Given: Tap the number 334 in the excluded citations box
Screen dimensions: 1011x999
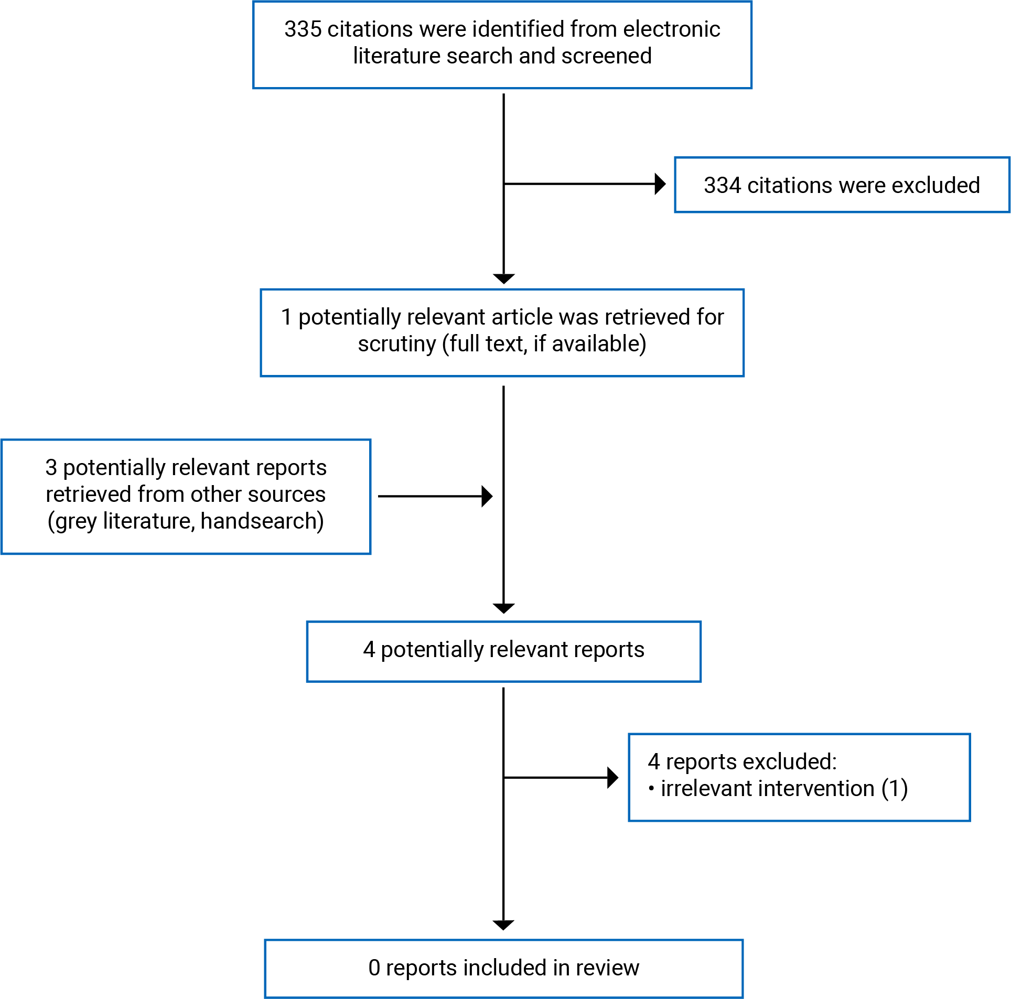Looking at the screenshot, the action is click(x=722, y=185).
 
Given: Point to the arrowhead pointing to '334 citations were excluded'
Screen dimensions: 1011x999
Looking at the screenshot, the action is click(x=661, y=184).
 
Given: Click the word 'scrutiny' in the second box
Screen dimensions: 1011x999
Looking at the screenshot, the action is click(x=397, y=345).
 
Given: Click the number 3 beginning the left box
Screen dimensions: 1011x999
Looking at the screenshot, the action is click(x=51, y=468).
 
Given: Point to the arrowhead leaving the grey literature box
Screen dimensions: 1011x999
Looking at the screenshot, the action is click(x=487, y=496).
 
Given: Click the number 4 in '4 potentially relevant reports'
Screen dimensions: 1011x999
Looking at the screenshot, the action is click(x=369, y=650).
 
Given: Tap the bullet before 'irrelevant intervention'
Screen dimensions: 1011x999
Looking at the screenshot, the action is click(x=651, y=789).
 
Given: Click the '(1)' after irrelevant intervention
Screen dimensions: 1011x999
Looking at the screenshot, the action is click(x=895, y=789).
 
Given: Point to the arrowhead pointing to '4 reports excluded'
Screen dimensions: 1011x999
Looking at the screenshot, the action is click(x=613, y=778).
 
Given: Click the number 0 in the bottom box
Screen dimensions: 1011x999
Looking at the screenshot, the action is click(x=374, y=968).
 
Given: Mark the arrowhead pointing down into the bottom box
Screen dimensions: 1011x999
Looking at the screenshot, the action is click(x=503, y=926).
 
